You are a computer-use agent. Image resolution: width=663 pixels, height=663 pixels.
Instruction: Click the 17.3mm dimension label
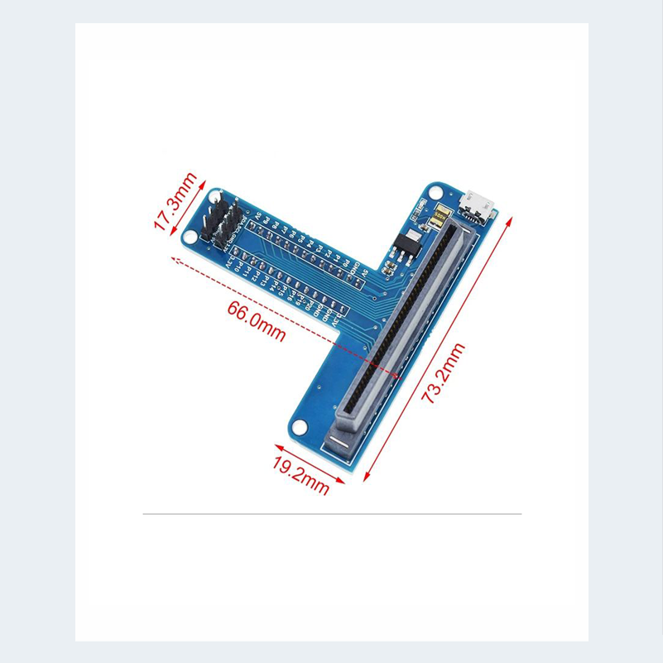[x=175, y=202]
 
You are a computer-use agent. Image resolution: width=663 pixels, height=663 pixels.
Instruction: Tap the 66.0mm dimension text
[x=257, y=320]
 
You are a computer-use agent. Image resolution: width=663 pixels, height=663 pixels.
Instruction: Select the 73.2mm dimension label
[x=444, y=372]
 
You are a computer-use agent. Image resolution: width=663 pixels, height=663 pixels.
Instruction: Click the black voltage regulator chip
[x=403, y=246]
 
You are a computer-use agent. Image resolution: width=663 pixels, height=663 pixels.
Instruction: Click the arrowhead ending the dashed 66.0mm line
[x=174, y=259]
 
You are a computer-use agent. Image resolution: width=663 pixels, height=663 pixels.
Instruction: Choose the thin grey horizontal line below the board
[x=332, y=514]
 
